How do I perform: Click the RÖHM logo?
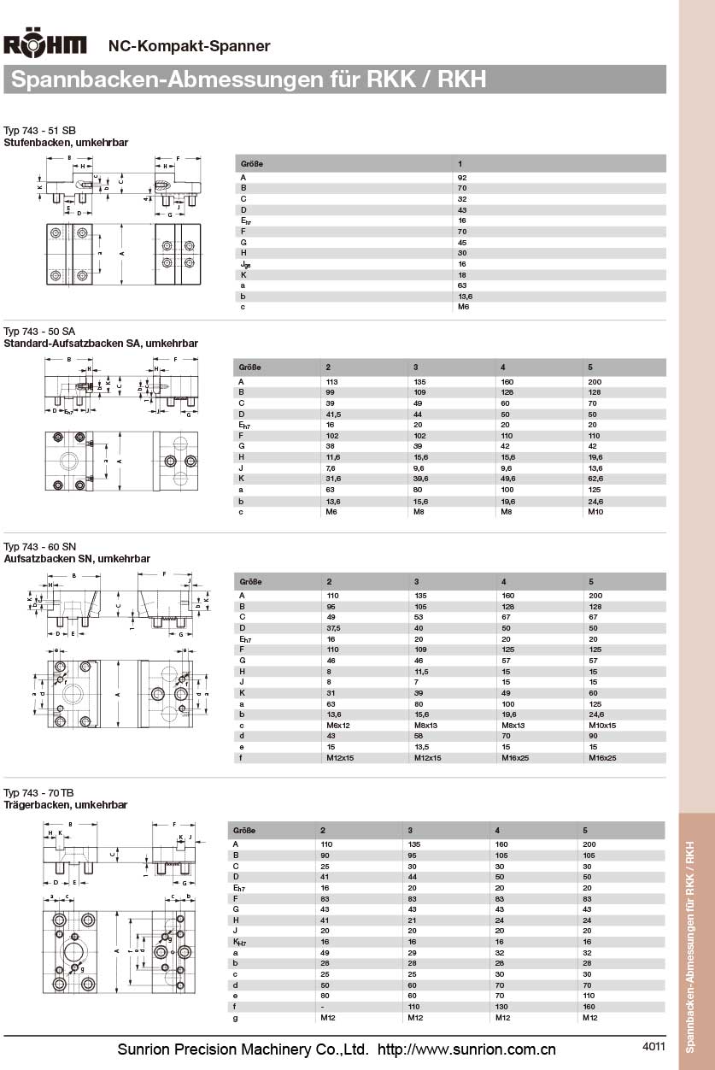coord(45,45)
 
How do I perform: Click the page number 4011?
coord(653,1046)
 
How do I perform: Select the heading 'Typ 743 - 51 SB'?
coord(39,130)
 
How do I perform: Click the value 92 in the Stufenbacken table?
coord(462,178)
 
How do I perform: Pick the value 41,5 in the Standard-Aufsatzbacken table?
coord(335,414)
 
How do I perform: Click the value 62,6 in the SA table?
coord(597,479)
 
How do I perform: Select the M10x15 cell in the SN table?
coord(602,725)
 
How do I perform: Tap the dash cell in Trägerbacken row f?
coord(322,1007)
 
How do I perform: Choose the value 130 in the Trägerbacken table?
coord(501,1007)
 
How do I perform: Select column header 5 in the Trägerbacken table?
coord(585,830)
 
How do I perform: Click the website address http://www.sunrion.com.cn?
coord(466,1049)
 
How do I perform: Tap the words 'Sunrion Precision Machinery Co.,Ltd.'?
coord(243,1049)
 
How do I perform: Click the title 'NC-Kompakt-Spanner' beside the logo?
coord(189,46)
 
